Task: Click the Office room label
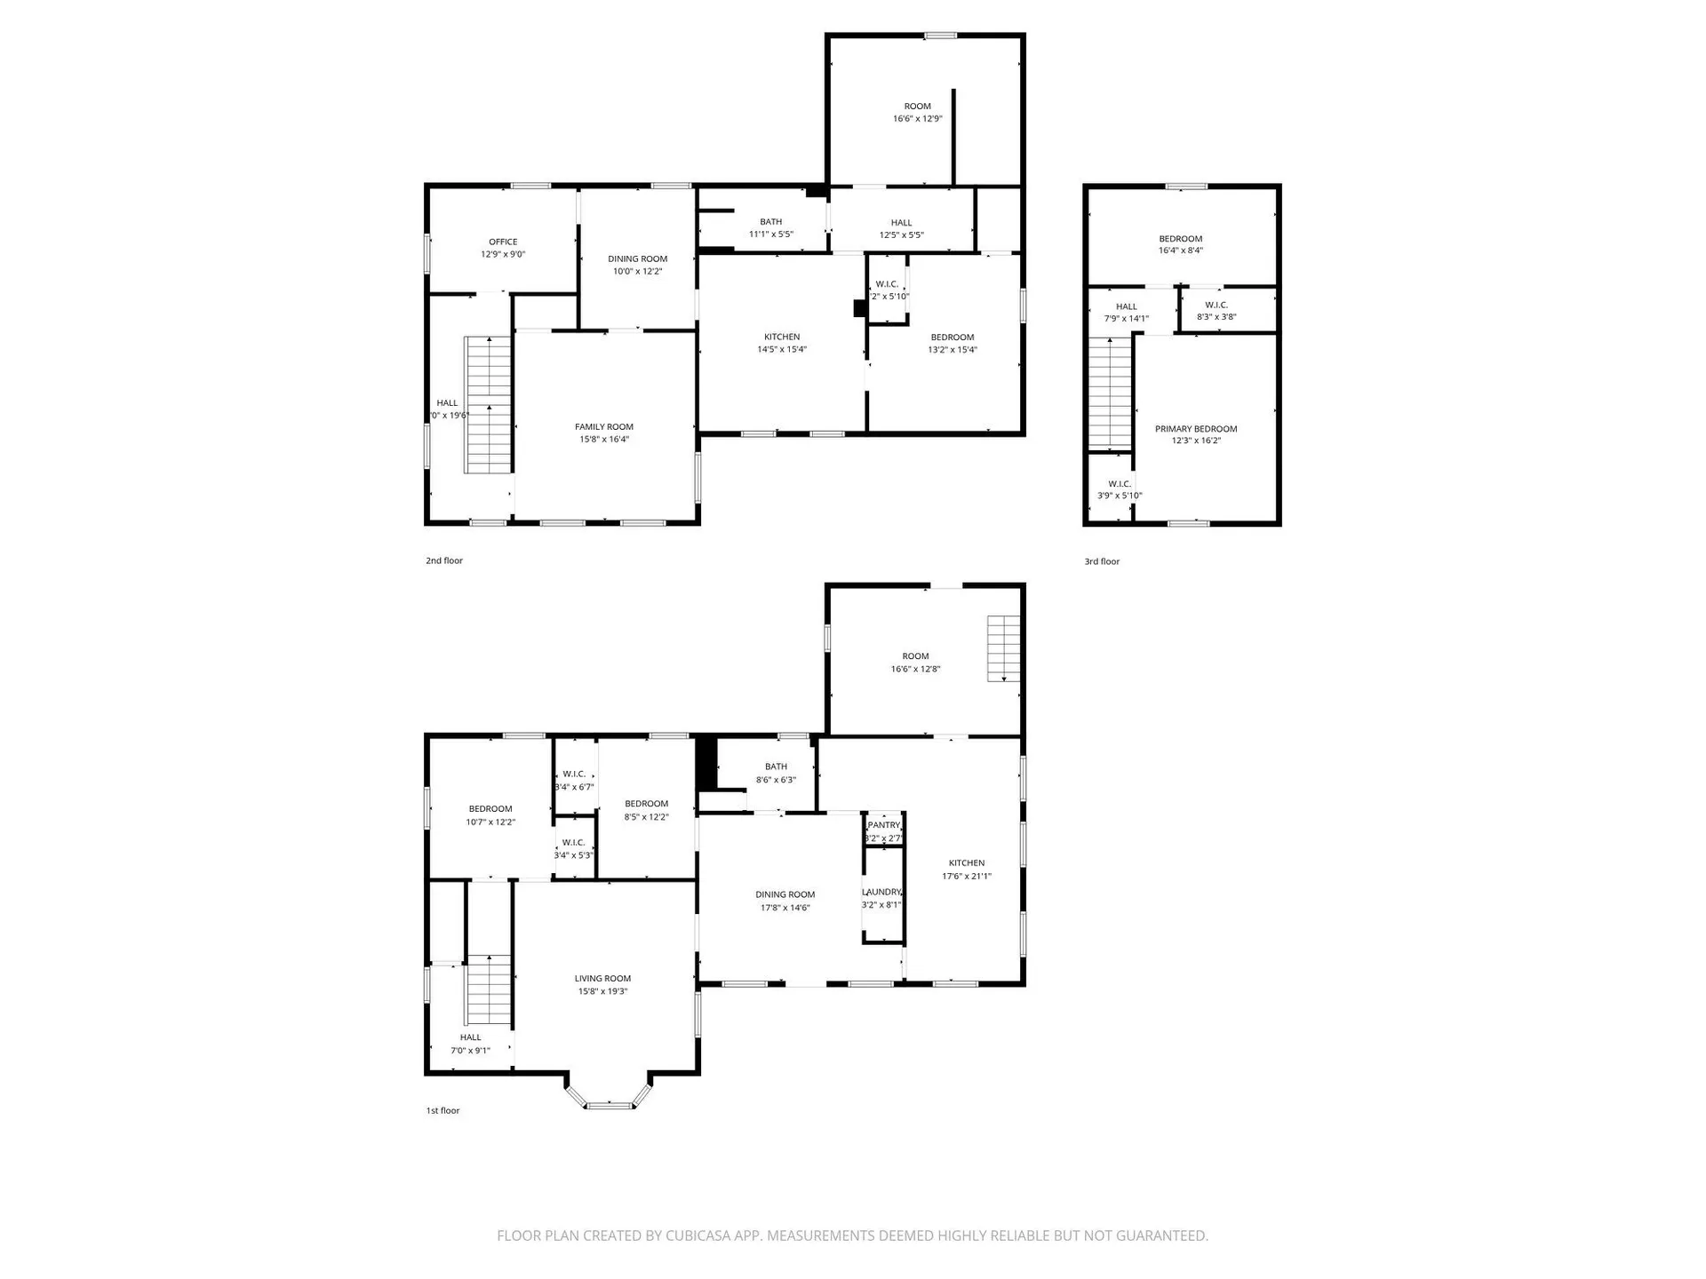[503, 242]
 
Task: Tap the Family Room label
[604, 427]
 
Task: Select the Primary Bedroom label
[1196, 429]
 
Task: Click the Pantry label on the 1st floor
[884, 825]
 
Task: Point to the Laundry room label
[881, 892]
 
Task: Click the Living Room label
[602, 979]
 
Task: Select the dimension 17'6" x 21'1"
[967, 877]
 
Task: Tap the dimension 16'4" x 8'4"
[1181, 251]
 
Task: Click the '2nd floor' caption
[444, 561]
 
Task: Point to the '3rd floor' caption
[1102, 562]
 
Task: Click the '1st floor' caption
[442, 1111]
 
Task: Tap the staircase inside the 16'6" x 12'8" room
[1004, 648]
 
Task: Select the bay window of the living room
[610, 1104]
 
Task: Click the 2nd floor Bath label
[771, 222]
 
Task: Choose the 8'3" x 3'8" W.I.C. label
[1216, 306]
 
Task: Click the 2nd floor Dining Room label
[638, 259]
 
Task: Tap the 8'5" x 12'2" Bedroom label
[647, 804]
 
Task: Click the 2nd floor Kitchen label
[782, 338]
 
